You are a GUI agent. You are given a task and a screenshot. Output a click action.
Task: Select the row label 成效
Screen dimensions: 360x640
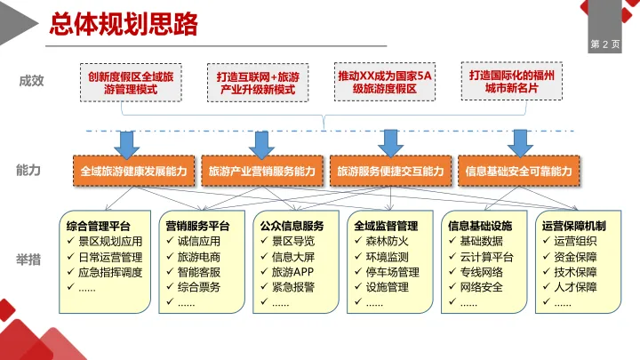coord(31,81)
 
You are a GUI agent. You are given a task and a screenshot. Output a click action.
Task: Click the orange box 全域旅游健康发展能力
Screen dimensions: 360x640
coord(134,170)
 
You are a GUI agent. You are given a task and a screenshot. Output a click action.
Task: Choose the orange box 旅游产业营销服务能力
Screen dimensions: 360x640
coord(262,170)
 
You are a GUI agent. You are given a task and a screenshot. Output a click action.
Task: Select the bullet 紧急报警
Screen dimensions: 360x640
coord(292,286)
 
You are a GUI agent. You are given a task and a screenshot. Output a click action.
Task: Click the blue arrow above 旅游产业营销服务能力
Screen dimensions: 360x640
coord(261,142)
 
